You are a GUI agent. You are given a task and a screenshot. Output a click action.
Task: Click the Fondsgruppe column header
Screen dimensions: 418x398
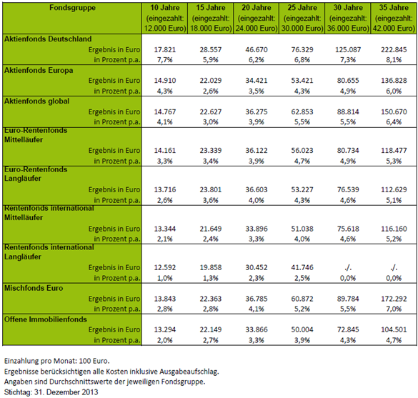pos(72,8)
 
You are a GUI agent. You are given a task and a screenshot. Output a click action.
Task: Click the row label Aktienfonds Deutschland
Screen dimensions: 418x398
pos(48,39)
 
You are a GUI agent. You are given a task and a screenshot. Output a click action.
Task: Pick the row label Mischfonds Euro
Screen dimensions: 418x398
pos(34,288)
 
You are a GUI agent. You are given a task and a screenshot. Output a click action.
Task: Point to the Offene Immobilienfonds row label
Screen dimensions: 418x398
pos(46,319)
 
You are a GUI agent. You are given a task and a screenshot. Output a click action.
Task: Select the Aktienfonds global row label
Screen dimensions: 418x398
pos(36,101)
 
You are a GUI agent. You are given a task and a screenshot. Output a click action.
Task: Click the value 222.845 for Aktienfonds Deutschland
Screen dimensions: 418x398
pos(394,50)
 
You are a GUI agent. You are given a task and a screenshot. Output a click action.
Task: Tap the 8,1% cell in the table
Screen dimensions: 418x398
pos(394,60)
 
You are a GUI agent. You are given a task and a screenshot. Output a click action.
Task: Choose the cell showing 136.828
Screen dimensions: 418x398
pos(394,81)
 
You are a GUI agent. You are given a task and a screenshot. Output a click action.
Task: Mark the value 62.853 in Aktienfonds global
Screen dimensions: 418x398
pos(302,111)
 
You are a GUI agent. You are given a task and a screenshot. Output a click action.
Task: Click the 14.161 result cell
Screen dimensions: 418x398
pos(165,151)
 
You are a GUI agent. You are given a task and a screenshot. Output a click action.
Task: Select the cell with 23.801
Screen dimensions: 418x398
pos(211,190)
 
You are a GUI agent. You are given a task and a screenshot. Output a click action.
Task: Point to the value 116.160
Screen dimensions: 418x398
pos(394,229)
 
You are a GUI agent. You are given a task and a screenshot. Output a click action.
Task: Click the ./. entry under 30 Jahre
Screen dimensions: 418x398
pos(348,268)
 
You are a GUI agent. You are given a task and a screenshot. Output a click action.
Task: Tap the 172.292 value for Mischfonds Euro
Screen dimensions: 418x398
pos(394,299)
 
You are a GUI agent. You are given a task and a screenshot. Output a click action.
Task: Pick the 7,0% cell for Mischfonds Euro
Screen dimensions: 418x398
pos(394,309)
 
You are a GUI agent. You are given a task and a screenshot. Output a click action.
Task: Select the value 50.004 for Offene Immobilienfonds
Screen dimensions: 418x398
pos(302,329)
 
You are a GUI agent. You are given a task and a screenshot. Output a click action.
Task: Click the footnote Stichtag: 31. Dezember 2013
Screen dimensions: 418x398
pos(51,392)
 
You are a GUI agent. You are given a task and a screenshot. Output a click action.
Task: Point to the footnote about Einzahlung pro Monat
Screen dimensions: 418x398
pos(56,362)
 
